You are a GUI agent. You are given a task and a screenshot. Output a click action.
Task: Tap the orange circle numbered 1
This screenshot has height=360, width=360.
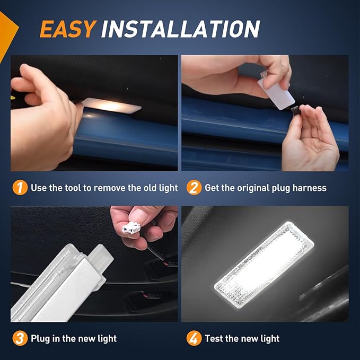pyautogui.click(x=20, y=188)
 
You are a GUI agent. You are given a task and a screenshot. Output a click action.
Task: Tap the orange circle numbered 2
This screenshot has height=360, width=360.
pyautogui.click(x=194, y=188)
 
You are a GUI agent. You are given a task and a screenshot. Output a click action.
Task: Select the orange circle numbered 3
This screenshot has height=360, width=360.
pyautogui.click(x=20, y=338)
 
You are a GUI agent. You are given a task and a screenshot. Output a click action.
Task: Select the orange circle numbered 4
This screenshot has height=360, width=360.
pyautogui.click(x=194, y=338)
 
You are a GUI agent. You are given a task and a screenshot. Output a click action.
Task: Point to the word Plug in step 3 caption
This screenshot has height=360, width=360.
pyautogui.click(x=41, y=338)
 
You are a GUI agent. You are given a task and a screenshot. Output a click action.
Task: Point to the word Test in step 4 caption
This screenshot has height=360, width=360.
pyautogui.click(x=214, y=338)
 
